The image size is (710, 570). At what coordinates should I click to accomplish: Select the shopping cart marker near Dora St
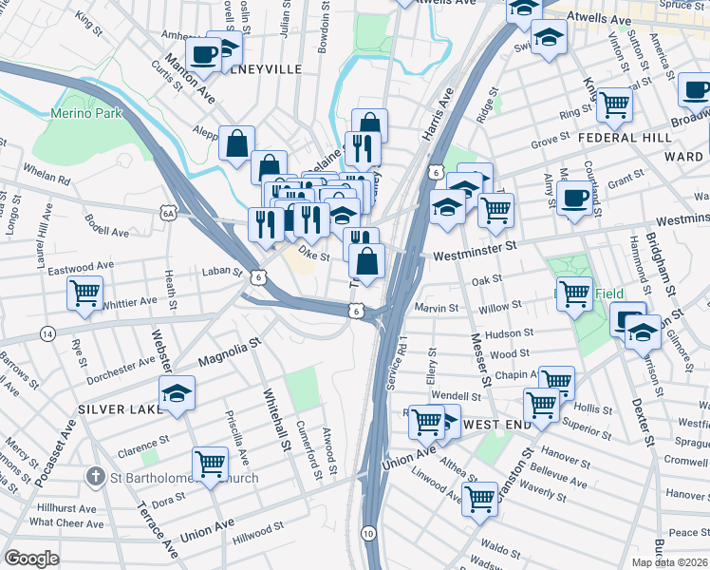pos(210,465)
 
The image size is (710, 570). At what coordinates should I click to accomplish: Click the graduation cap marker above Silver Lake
pos(177,393)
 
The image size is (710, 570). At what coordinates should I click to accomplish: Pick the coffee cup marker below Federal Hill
pos(574,199)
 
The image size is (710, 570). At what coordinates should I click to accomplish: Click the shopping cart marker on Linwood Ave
pos(480,497)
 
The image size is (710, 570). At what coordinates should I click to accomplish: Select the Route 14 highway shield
pos(47,333)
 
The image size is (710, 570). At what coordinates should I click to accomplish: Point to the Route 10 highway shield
pos(367,535)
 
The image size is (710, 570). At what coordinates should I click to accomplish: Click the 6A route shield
pos(168,214)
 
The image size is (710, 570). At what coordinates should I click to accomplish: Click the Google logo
pos(32,558)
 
